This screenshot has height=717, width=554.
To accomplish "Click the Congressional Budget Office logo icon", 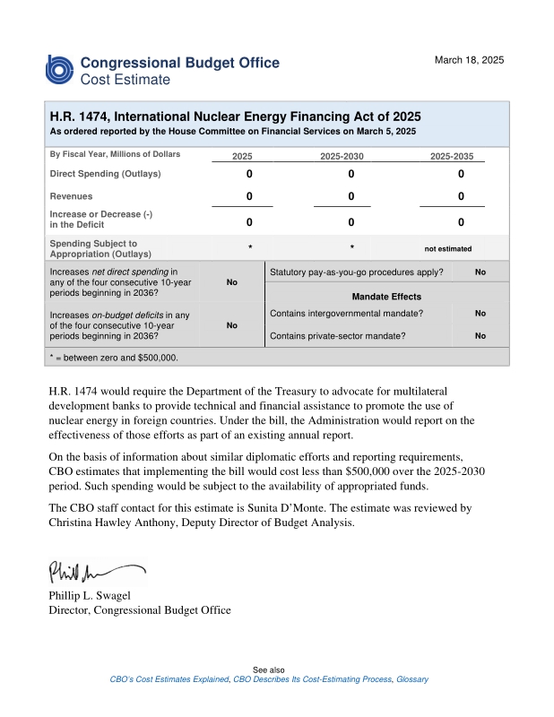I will [60, 70].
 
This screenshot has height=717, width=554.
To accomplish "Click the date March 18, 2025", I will [469, 60].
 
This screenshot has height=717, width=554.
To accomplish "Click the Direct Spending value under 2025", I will [249, 174].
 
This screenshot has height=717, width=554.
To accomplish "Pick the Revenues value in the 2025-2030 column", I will [351, 196].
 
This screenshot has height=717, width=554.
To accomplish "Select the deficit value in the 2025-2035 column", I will [461, 222].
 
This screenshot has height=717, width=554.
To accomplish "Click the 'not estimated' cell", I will [447, 249].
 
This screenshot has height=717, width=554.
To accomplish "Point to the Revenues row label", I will [71, 195].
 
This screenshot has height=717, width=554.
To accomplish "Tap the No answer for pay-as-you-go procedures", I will [480, 272].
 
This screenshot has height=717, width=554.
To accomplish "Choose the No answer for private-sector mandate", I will [480, 336].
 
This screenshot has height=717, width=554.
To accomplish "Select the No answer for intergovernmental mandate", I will [480, 314].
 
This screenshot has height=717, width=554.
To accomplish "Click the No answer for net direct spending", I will [231, 282].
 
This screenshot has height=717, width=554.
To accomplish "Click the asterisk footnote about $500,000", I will [114, 357].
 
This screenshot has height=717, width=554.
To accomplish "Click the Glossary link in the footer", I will [412, 679].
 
